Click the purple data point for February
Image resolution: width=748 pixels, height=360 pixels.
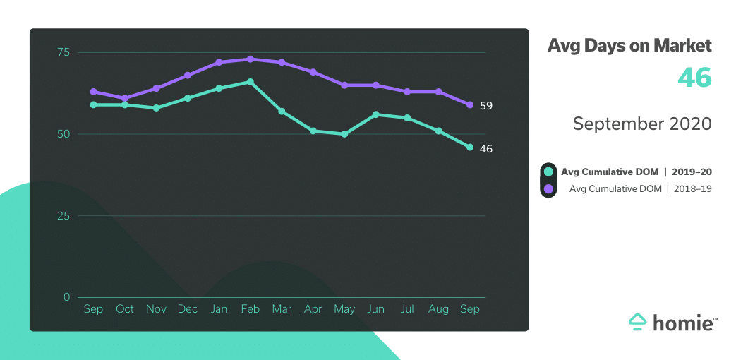tap(250, 59)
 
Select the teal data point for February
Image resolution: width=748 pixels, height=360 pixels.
tap(250, 82)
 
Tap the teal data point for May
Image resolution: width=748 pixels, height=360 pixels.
tap(344, 134)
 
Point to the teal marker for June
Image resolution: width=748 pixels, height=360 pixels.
tap(375, 114)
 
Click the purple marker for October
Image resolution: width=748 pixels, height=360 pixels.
tap(125, 98)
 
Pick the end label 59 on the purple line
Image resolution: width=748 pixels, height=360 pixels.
tap(485, 106)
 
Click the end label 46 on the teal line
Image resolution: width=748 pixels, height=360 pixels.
tap(485, 149)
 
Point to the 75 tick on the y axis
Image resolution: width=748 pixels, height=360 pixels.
tap(64, 52)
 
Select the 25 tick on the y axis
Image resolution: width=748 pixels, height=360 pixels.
tap(64, 215)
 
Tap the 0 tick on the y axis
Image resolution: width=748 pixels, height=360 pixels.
tap(67, 297)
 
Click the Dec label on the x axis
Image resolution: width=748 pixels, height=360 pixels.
tap(188, 309)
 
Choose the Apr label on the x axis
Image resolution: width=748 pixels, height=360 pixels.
tap(313, 309)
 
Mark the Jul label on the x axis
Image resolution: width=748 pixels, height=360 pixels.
tap(407, 309)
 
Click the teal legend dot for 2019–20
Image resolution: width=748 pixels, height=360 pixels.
tap(548, 172)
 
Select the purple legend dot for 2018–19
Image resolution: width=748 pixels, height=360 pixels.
tap(548, 188)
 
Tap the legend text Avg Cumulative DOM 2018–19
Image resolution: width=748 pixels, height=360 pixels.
tap(640, 188)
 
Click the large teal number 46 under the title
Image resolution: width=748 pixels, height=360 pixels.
tap(694, 78)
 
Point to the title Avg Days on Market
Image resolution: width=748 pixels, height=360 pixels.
tap(629, 46)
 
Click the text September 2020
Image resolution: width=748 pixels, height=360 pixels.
tap(642, 124)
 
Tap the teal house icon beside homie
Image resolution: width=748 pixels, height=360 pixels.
tap(638, 322)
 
